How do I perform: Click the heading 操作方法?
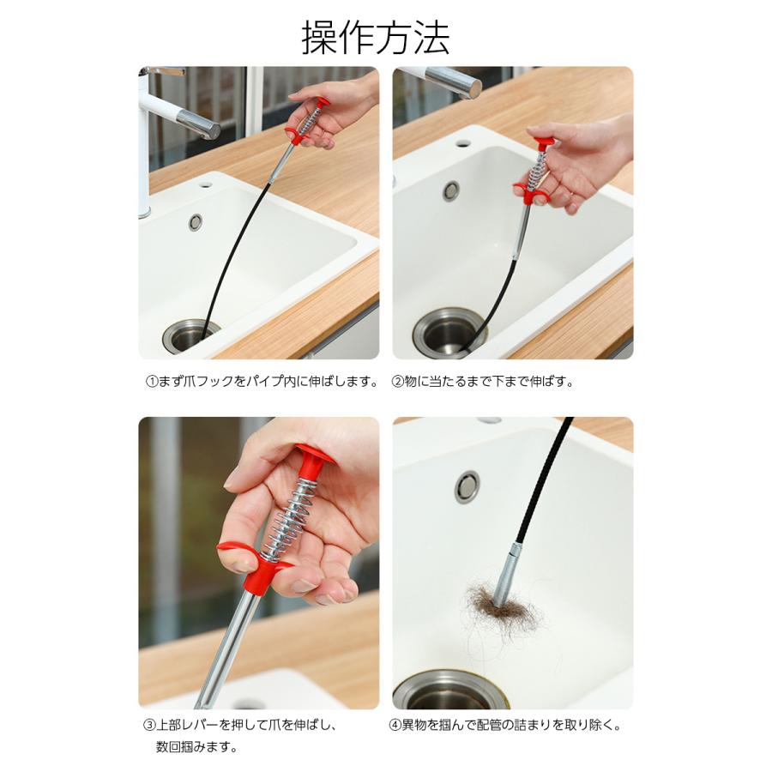375,38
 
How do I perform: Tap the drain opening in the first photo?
189,335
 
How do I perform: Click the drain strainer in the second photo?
449,331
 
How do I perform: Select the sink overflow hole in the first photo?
196,222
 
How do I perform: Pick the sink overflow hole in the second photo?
451,190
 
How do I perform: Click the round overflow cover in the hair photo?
467,486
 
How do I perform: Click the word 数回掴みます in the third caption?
196,747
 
